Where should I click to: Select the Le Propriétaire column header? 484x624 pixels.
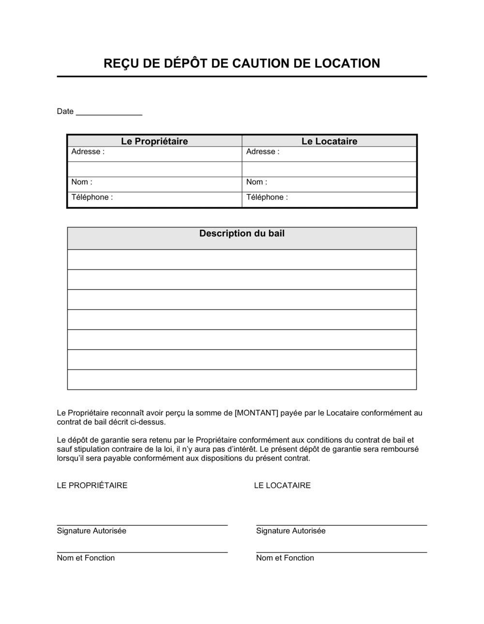coord(154,141)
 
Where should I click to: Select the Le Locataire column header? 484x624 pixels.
coord(329,141)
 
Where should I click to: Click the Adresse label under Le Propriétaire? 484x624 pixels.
coord(88,152)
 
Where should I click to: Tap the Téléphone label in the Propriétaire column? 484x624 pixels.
coord(92,197)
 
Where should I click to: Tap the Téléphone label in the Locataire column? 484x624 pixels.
coord(267,197)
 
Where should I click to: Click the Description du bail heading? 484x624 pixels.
coord(242,234)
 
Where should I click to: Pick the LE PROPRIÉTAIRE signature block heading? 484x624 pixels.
coord(92,485)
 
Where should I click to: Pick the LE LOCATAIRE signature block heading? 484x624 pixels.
coord(282,485)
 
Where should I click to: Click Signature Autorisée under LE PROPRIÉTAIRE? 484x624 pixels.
coord(91,531)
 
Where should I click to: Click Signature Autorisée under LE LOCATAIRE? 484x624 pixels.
coord(291,531)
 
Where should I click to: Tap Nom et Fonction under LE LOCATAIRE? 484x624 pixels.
coord(285,558)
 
